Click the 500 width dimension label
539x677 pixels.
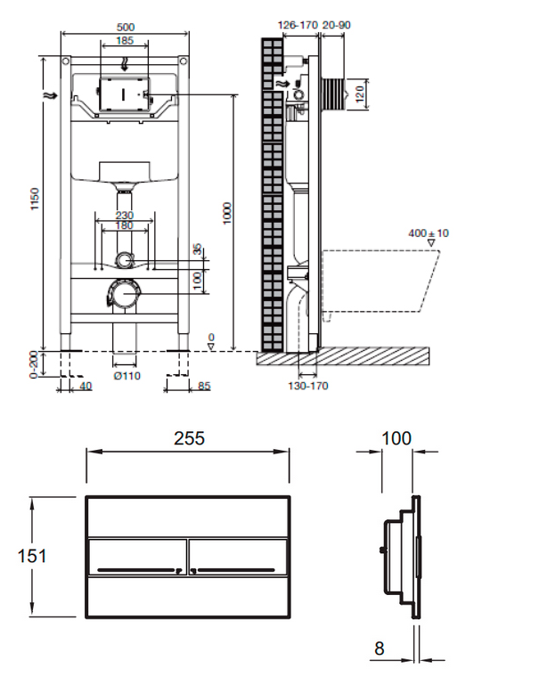click(x=126, y=28)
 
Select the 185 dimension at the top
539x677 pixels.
click(x=125, y=41)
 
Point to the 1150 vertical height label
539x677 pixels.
click(x=35, y=199)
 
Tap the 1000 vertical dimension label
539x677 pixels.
click(x=227, y=213)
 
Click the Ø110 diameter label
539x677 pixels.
click(x=127, y=376)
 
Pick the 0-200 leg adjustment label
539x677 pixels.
click(x=34, y=365)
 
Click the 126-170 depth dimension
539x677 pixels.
click(x=298, y=25)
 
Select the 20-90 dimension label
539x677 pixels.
click(x=337, y=25)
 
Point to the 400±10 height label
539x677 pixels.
click(x=429, y=233)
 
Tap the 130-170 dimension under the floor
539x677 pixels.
click(x=308, y=386)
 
